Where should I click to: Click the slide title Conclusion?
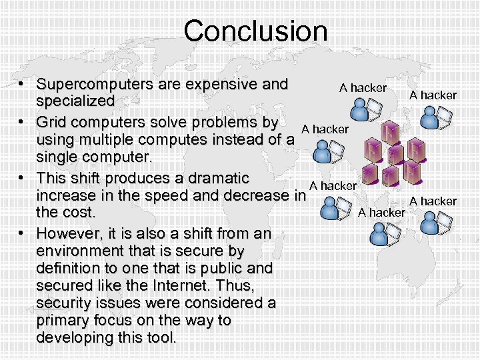(255, 31)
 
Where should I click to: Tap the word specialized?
(75, 101)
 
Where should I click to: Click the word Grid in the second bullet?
(52, 123)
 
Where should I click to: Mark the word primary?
(64, 321)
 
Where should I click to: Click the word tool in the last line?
(162, 338)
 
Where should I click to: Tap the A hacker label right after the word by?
(325, 129)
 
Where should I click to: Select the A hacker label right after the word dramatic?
(333, 186)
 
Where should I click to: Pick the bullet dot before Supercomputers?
(22, 85)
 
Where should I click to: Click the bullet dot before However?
(22, 234)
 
